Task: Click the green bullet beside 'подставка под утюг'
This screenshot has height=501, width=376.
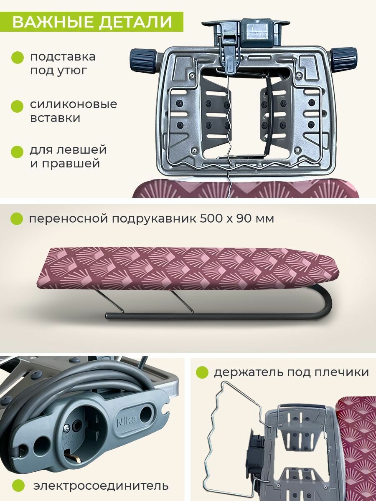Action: [x=17, y=57]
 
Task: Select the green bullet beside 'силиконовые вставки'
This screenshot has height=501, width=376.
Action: [x=17, y=105]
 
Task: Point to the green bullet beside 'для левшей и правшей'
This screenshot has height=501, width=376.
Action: [x=17, y=151]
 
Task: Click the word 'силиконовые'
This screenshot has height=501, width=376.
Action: [x=73, y=104]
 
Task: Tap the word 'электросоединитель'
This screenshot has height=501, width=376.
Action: [x=101, y=486]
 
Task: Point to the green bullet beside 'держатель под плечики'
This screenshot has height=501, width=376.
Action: [x=202, y=372]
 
